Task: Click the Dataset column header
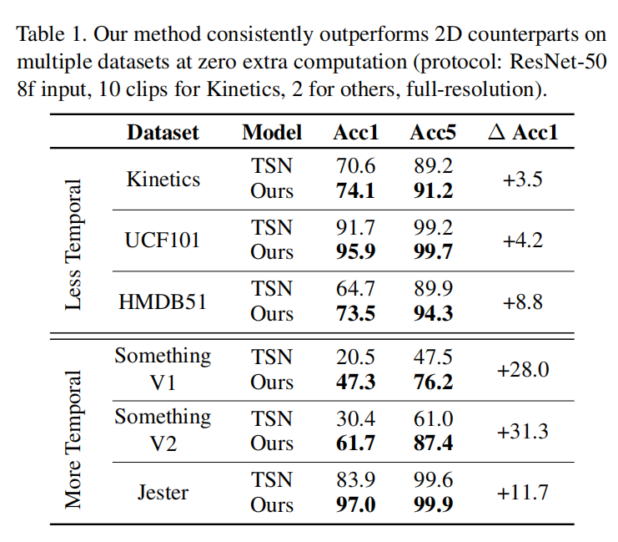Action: pos(163,132)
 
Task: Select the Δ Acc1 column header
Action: pos(523,132)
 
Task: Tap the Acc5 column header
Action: pos(433,132)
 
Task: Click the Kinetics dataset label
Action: pos(163,179)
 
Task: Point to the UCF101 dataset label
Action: pos(163,241)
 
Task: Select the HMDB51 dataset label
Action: pos(163,301)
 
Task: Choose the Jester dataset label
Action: pos(163,492)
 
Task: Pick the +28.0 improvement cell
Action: pos(523,369)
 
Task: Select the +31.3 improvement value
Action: pos(523,431)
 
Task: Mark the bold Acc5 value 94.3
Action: pos(433,314)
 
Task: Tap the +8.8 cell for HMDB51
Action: pos(523,301)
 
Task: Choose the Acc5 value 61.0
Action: pos(433,418)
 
